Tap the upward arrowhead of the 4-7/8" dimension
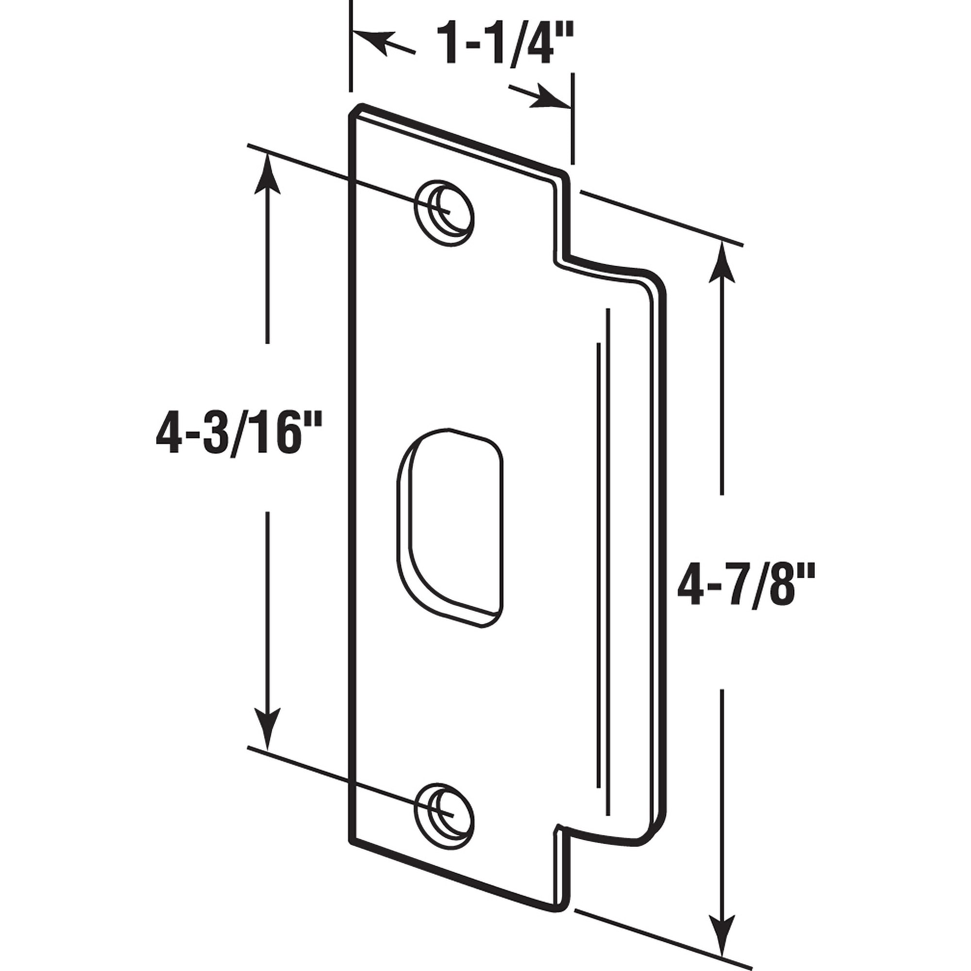point(722,262)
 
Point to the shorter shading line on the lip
point(598,548)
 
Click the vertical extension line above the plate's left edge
point(351,45)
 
